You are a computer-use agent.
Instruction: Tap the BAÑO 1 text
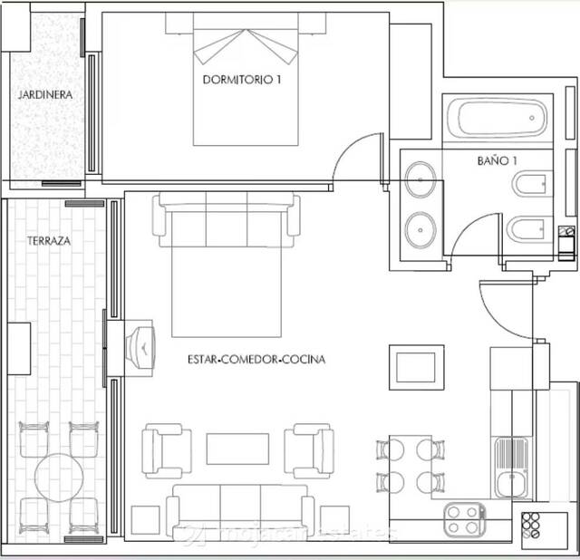coord(497,161)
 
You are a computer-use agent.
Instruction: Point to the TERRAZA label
coord(49,243)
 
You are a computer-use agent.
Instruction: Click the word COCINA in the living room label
coord(304,360)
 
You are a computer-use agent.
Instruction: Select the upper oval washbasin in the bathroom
coord(420,179)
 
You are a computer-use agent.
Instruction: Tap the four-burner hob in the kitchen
coord(463,518)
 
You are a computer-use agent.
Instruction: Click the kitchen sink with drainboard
coord(511,468)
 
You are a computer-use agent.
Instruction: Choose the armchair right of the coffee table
coord(309,448)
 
